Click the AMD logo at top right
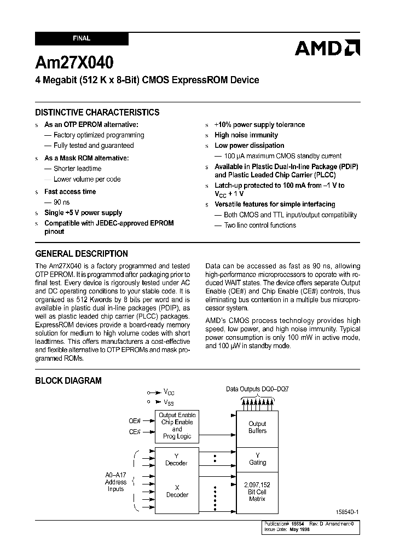coord(327,48)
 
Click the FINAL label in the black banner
coord(82,39)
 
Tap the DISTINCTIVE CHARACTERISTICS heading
coord(97,112)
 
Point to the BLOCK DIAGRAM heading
coord(68,380)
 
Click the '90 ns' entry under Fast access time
coord(62,202)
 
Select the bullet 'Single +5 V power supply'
coord(83,212)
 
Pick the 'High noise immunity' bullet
coord(246,135)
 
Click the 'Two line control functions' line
coord(259,225)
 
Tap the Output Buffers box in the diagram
coord(257,428)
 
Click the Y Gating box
coord(257,459)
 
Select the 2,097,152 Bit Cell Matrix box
coord(257,492)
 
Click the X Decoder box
coord(177,491)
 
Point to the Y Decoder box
coord(177,459)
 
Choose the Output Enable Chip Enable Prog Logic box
coord(177,426)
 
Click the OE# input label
coord(135,420)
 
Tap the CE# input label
coord(135,432)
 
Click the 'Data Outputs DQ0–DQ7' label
coord(257,389)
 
